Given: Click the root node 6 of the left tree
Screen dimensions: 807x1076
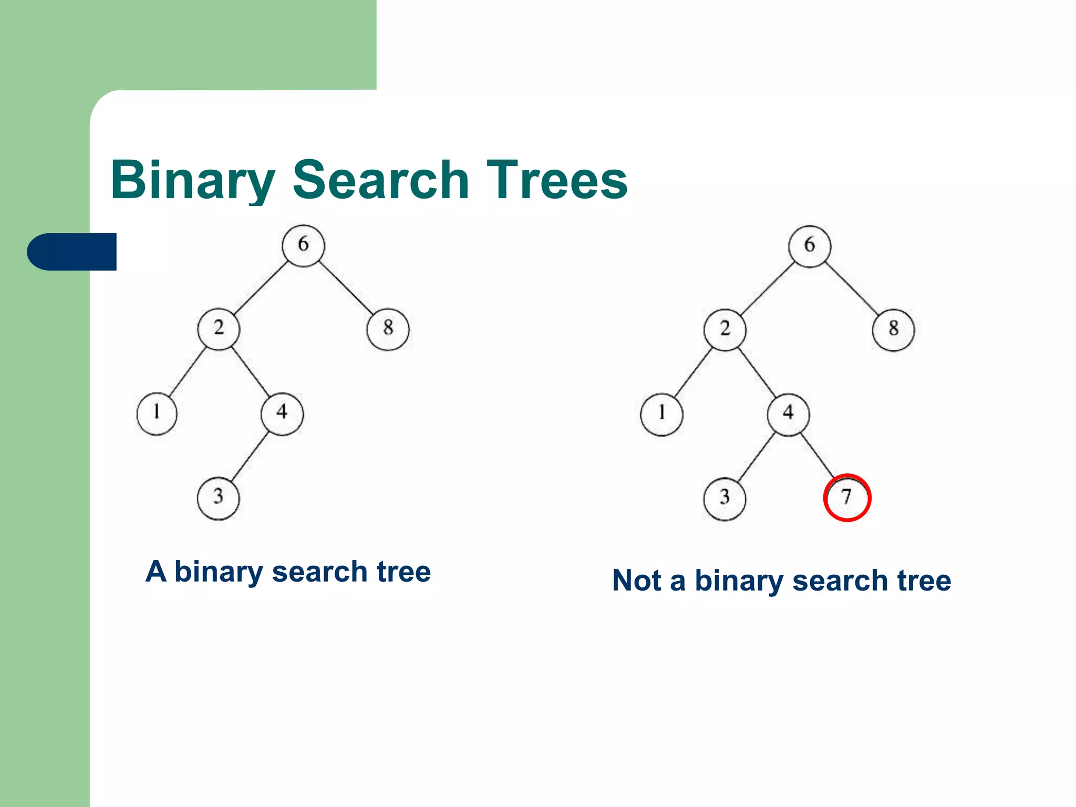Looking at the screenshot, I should [303, 245].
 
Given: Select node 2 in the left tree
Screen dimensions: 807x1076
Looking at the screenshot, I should [219, 329].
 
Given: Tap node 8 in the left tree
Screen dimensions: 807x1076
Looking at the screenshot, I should [388, 329].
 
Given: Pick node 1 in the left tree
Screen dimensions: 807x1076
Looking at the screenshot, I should [157, 413].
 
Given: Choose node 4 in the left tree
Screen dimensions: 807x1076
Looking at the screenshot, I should [282, 413].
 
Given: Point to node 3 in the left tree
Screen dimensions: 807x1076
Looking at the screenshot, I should [218, 498].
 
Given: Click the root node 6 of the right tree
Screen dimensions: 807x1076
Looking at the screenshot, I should [810, 246].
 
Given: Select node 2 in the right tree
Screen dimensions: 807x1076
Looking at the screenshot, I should [725, 330].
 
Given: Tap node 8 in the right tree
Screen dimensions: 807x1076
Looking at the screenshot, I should [893, 330].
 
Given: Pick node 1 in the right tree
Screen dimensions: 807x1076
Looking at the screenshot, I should [661, 414].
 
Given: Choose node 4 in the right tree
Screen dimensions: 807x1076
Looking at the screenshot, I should [788, 414].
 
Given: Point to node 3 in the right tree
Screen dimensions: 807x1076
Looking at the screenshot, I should [725, 498].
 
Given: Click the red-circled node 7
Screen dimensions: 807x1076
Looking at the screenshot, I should [847, 498].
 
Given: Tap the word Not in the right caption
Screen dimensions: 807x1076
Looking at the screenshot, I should [636, 581].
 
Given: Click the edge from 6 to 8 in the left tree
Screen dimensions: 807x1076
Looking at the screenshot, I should [346, 287].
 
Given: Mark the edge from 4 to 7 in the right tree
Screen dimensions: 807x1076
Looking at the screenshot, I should [817, 455].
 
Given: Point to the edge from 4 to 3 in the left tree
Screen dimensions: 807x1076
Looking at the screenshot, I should [250, 456].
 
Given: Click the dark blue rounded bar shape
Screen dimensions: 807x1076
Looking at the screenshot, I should [72, 252].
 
